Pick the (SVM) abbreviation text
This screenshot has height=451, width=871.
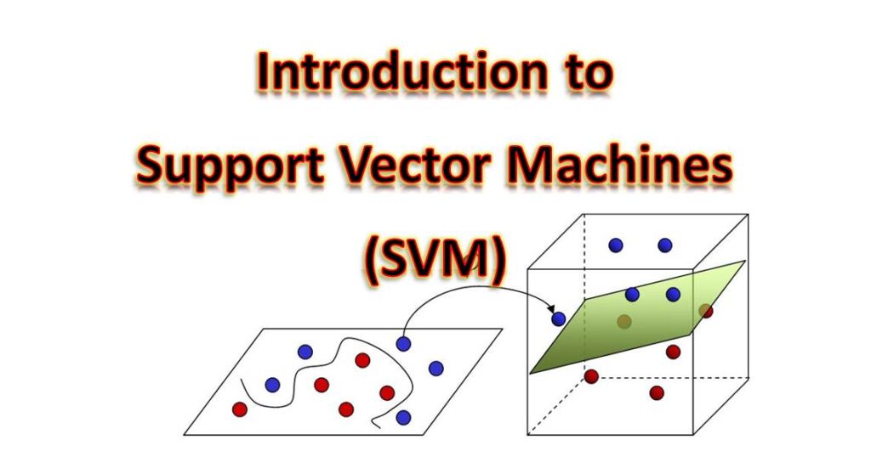click(435, 257)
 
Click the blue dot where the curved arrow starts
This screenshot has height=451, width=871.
click(403, 344)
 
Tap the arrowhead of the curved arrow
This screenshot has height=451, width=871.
click(551, 307)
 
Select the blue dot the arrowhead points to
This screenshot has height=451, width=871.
click(558, 319)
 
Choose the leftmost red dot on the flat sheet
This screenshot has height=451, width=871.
click(239, 409)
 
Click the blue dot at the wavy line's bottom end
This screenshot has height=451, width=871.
click(403, 417)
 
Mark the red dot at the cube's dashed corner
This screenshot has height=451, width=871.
click(591, 376)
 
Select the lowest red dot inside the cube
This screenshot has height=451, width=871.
click(657, 392)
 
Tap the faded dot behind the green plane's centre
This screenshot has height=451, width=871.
click(624, 321)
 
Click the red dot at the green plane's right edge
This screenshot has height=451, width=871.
click(705, 311)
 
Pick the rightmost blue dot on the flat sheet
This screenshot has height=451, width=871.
click(436, 369)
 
